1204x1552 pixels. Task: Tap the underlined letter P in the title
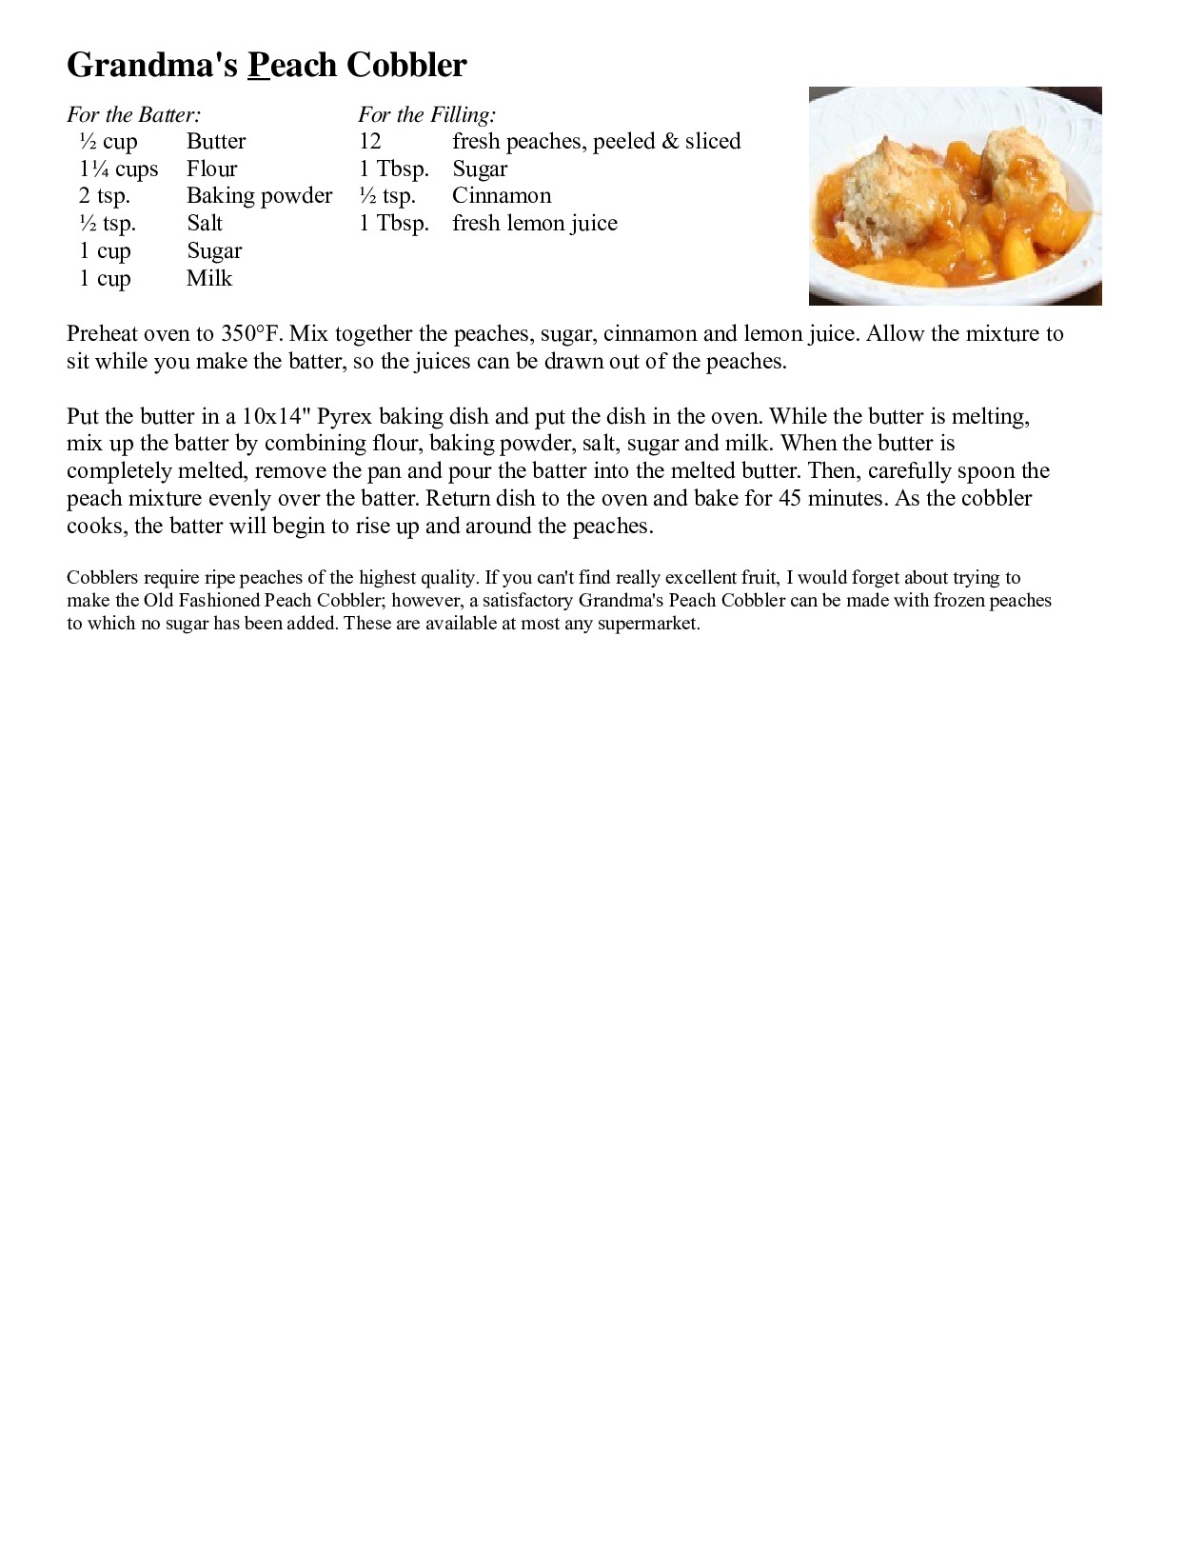point(259,65)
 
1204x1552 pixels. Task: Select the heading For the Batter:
point(134,115)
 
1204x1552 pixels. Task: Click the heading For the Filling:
point(427,115)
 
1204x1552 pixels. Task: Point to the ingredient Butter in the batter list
point(216,142)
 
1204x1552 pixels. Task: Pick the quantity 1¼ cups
point(119,169)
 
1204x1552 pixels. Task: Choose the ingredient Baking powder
point(259,196)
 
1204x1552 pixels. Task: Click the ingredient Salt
point(205,224)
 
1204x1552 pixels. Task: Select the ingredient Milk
point(209,279)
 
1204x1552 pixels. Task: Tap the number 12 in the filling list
point(370,142)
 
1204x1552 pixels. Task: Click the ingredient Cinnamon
point(502,196)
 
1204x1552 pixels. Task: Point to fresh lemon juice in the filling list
point(535,224)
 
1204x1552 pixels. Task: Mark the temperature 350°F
point(251,334)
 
